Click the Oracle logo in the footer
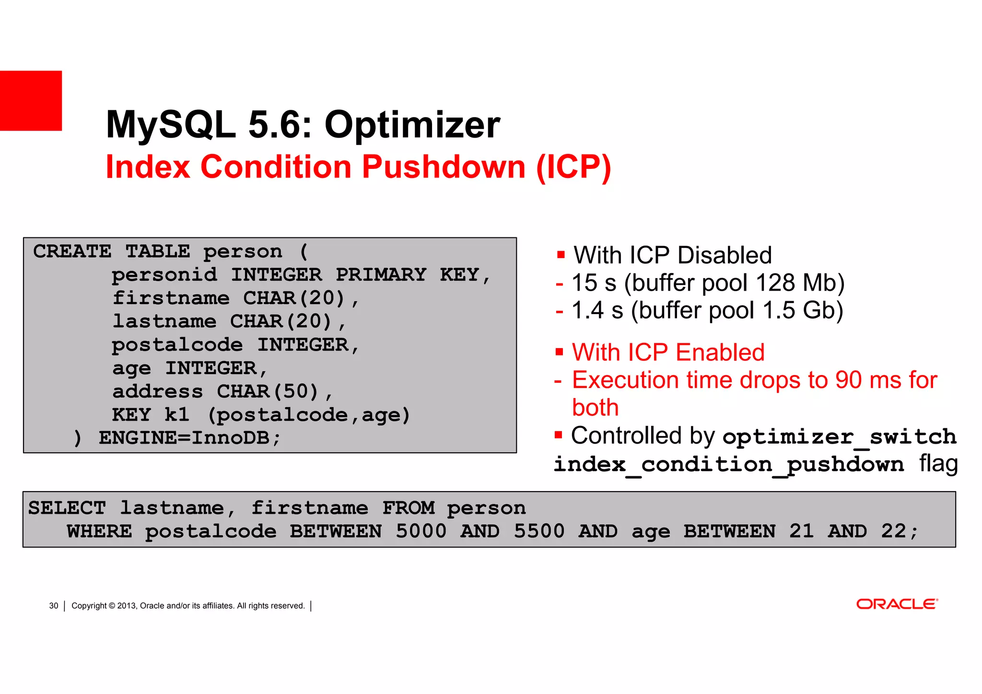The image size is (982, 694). (896, 604)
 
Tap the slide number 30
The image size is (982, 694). (54, 606)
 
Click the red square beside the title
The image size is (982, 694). (31, 101)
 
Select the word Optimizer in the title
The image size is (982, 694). (412, 125)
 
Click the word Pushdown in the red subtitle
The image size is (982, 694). (444, 167)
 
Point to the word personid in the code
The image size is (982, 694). (164, 275)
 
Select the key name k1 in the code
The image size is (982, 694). (176, 414)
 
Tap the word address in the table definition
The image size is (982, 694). (157, 391)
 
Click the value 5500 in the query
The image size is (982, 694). (539, 531)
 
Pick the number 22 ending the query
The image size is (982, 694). (893, 531)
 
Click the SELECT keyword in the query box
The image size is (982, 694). (67, 508)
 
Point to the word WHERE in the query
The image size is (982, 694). (99, 531)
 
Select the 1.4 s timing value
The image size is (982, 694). (597, 310)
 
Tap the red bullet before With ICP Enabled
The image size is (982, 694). (559, 353)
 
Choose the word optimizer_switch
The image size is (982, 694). (839, 437)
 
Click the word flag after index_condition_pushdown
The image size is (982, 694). (938, 464)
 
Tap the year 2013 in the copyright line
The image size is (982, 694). (127, 606)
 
